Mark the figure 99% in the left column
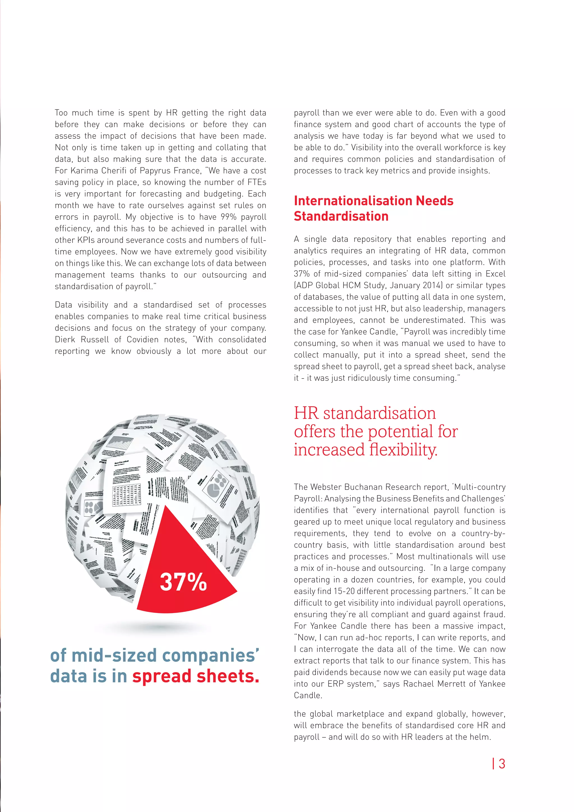pyautogui.click(x=229, y=217)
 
